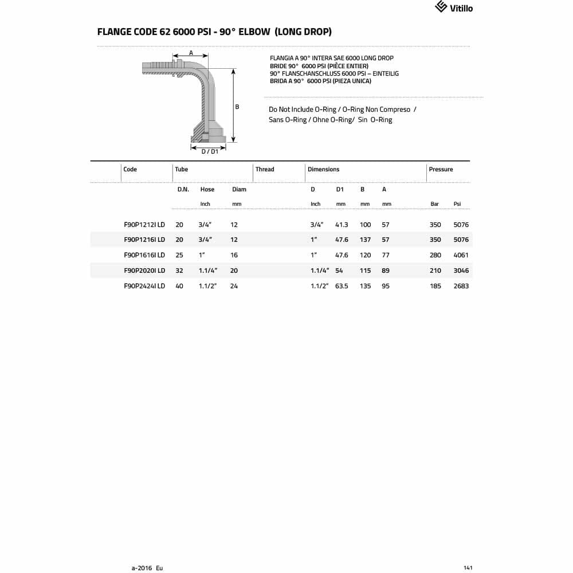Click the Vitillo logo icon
pyautogui.click(x=441, y=7)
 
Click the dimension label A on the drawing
pyautogui.click(x=191, y=53)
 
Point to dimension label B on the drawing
pyautogui.click(x=237, y=107)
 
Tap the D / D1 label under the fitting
pyautogui.click(x=209, y=151)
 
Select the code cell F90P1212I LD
pyautogui.click(x=144, y=225)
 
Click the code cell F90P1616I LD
pyautogui.click(x=144, y=255)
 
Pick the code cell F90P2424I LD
pyautogui.click(x=144, y=286)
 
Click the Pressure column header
pyautogui.click(x=441, y=169)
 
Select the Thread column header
pyautogui.click(x=265, y=169)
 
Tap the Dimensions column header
pyautogui.click(x=323, y=169)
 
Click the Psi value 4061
pyautogui.click(x=461, y=255)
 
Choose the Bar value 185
pyautogui.click(x=435, y=286)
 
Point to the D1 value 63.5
pyautogui.click(x=342, y=286)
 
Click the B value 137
pyautogui.click(x=365, y=240)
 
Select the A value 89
pyautogui.click(x=386, y=270)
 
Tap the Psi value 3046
pyautogui.click(x=461, y=270)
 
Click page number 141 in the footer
pyautogui.click(x=468, y=568)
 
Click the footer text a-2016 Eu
pyautogui.click(x=147, y=568)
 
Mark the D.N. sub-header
pyautogui.click(x=183, y=189)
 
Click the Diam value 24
pyautogui.click(x=234, y=286)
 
